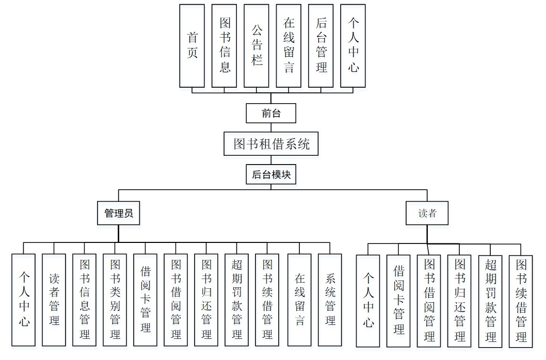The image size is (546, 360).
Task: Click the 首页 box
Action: click(192, 45)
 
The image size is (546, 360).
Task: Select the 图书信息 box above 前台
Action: click(224, 45)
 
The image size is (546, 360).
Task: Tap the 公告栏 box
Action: click(256, 45)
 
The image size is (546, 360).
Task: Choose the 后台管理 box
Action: click(321, 45)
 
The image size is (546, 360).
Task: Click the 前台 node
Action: click(271, 113)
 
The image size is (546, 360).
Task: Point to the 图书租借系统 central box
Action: click(271, 144)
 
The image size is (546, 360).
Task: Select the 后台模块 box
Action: click(271, 175)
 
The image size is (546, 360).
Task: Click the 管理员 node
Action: click(119, 213)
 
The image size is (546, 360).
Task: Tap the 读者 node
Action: click(427, 213)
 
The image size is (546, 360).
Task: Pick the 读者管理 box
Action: click(54, 299)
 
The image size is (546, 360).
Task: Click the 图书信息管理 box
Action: click(85, 299)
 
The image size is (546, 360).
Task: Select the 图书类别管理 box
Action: click(115, 299)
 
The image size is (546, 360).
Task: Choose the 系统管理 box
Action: click(330, 299)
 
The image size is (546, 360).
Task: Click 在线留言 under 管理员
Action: click(299, 299)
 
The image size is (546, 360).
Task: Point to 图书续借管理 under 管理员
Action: click(267, 299)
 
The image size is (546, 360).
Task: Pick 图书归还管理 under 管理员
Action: click(206, 299)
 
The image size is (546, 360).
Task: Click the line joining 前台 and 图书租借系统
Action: click(271, 127)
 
